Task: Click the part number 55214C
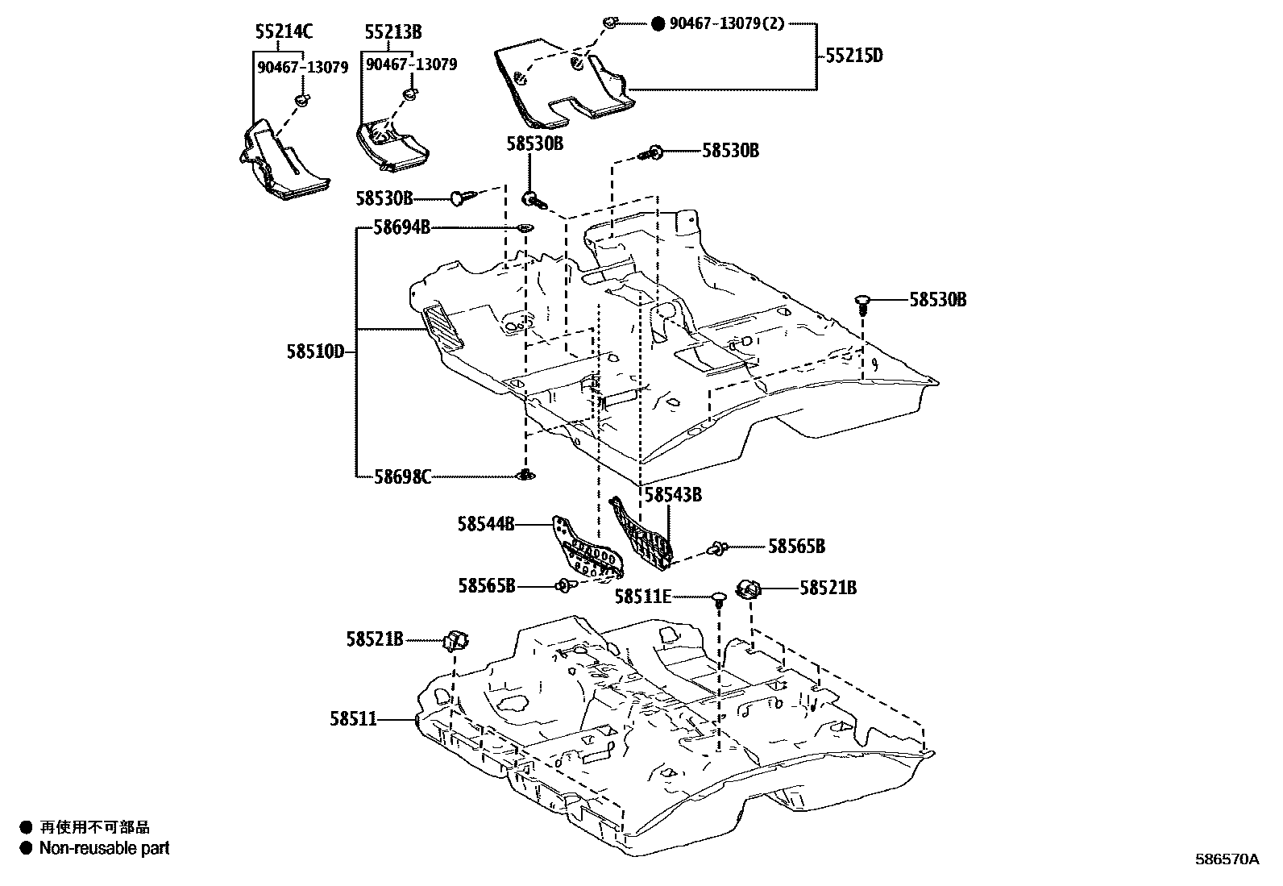pos(284,32)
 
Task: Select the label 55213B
pos(392,32)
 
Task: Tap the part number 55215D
pos(854,56)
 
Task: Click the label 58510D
pos(315,351)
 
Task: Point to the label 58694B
pos(401,228)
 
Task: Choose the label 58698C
pos(402,477)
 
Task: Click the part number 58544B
pos(486,524)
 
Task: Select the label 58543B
pos(673,494)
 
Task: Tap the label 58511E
pos(642,597)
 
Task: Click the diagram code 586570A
pos(1226,859)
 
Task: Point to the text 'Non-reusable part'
pos(105,848)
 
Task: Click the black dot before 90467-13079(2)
pos(658,23)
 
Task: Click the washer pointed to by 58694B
pos(525,229)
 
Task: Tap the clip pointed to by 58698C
pos(525,476)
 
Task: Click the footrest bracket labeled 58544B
pos(585,551)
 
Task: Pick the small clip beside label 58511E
pos(718,598)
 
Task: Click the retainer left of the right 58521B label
pos(749,589)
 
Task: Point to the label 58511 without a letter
pos(353,718)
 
